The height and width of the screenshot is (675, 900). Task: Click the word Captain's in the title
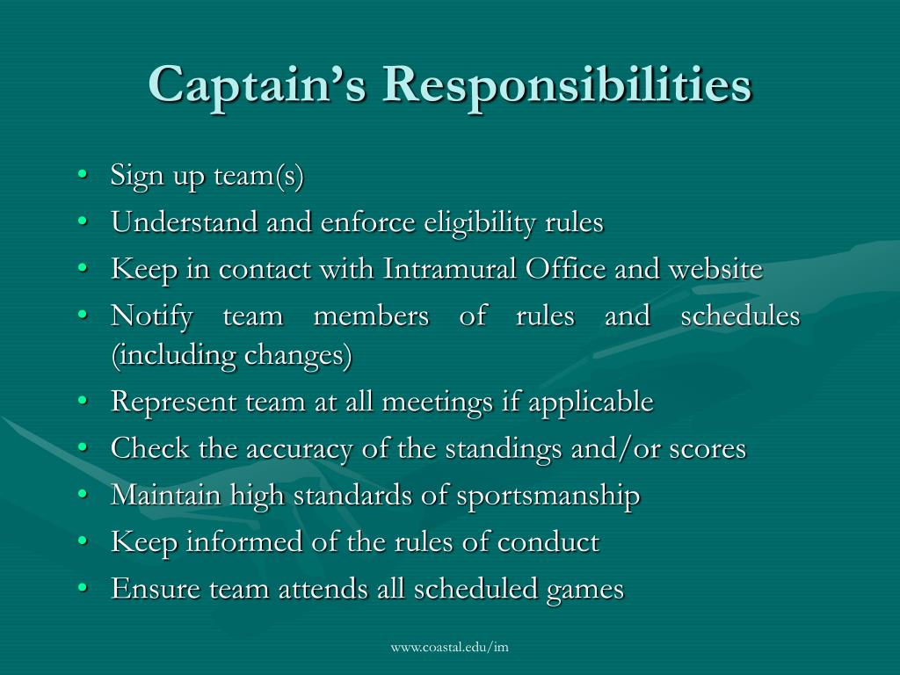coord(256,86)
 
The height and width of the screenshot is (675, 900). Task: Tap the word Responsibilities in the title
coord(567,86)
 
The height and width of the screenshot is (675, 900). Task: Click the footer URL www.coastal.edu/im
coord(450,648)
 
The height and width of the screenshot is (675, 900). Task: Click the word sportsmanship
coord(548,496)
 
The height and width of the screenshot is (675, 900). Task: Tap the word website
coord(715,269)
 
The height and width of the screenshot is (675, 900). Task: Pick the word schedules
coord(741,316)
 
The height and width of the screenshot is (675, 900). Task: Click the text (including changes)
coord(231,356)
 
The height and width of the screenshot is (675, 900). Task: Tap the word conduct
coord(548,542)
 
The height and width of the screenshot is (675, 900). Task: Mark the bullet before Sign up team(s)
coord(82,176)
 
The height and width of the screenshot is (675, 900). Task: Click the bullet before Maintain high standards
coord(82,496)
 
